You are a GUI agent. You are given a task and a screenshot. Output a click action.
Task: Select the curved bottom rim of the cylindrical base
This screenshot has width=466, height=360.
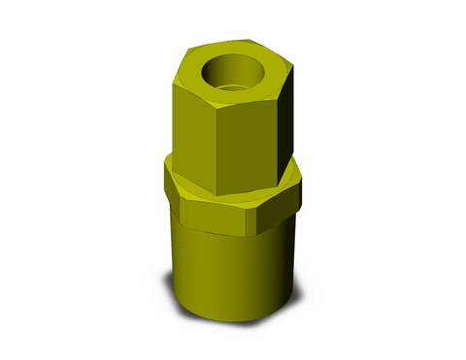[233, 324]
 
